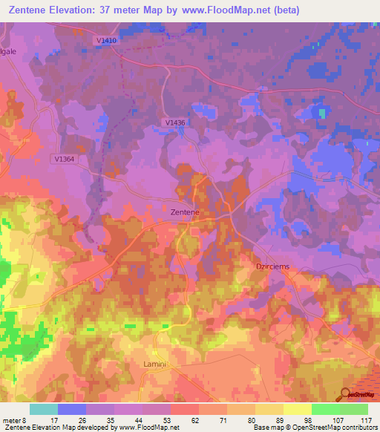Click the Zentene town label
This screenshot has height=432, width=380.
(185, 212)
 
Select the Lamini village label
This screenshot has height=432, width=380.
(157, 364)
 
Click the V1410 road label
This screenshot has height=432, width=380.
(105, 41)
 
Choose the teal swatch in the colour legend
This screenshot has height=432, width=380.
(43, 409)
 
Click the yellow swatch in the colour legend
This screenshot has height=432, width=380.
(297, 409)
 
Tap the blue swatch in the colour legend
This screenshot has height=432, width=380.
(71, 409)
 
